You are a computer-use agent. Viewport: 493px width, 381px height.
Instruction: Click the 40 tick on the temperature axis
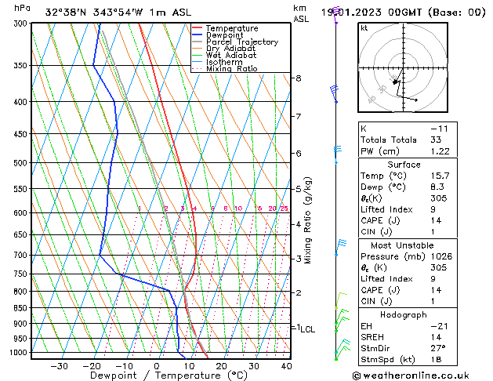click(286, 366)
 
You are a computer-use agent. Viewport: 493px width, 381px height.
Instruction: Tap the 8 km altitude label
click(299, 78)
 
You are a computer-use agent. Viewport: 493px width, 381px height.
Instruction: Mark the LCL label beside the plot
click(308, 330)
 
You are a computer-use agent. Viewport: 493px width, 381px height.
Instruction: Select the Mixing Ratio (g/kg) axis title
click(308, 220)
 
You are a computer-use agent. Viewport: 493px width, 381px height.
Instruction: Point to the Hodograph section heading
click(404, 314)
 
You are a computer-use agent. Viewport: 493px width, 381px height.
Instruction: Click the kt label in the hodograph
click(364, 27)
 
